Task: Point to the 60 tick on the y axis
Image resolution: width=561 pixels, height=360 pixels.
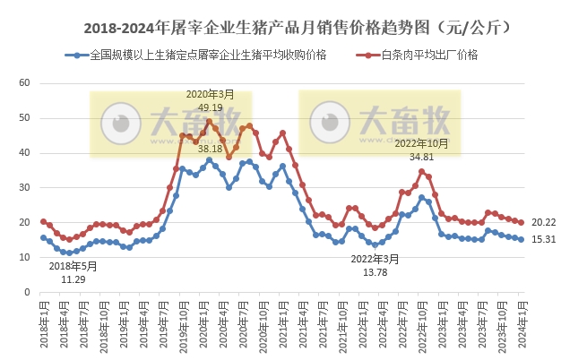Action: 25,83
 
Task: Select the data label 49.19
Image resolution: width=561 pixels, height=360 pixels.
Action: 210,106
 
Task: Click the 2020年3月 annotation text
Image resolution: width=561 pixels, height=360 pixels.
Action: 210,94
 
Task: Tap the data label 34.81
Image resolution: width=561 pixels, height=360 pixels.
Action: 421,156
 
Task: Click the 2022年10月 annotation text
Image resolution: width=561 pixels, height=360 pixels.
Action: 421,143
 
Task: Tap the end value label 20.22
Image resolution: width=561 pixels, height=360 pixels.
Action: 542,222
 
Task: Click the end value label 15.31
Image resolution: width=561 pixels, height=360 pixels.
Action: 542,240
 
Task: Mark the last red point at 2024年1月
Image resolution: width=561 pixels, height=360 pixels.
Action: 521,223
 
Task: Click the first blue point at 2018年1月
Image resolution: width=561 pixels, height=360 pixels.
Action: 43,238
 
